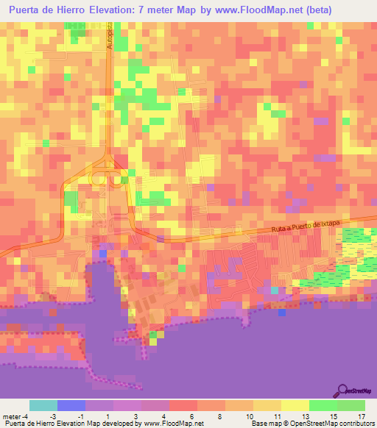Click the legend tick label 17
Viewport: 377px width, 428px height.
pos(360,416)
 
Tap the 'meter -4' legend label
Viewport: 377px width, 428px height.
pos(15,416)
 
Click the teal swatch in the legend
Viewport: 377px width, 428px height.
pos(43,405)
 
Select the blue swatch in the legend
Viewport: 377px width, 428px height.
pos(71,405)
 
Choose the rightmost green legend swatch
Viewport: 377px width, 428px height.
pos(351,405)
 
